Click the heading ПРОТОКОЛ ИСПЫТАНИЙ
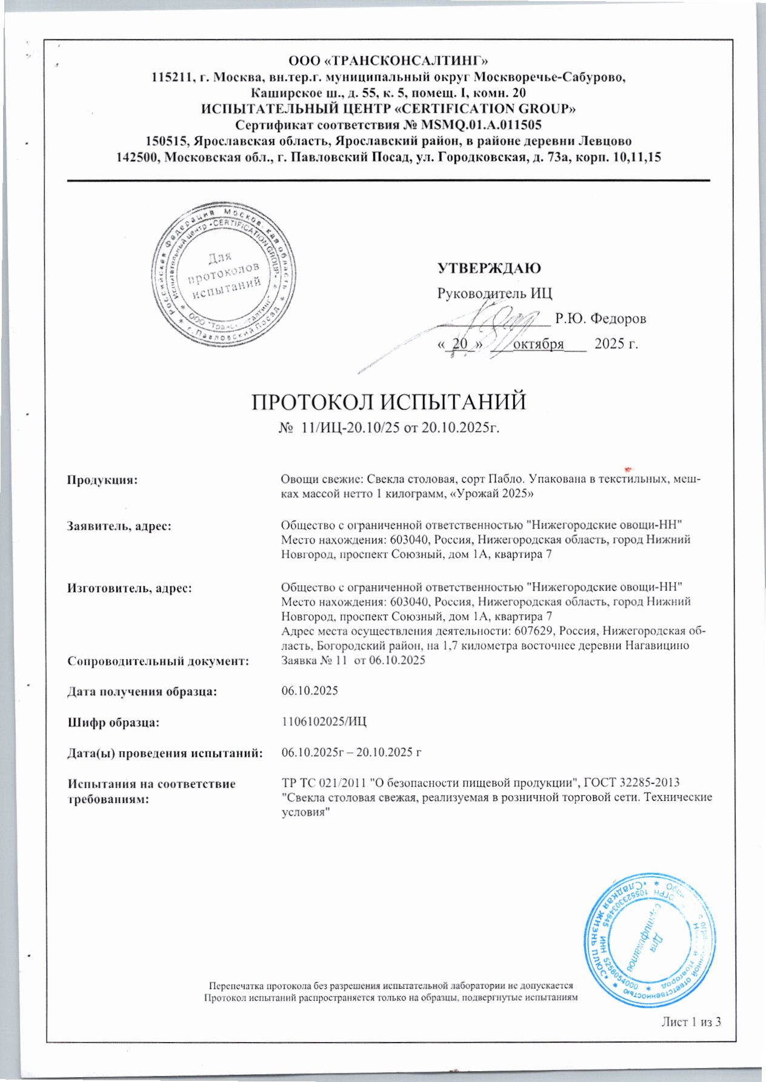[x=388, y=402]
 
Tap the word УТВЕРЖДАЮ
[x=489, y=268]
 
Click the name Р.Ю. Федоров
[x=601, y=318]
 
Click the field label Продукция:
[x=102, y=480]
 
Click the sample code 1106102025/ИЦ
[x=324, y=722]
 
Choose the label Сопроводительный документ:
[x=158, y=660]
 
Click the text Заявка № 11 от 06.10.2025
[x=353, y=660]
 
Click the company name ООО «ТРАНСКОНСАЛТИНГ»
[x=388, y=61]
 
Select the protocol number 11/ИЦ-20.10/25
[x=347, y=428]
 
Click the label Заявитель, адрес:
[x=119, y=525]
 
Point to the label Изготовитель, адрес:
[x=129, y=587]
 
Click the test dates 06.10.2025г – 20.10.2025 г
[x=351, y=752]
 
